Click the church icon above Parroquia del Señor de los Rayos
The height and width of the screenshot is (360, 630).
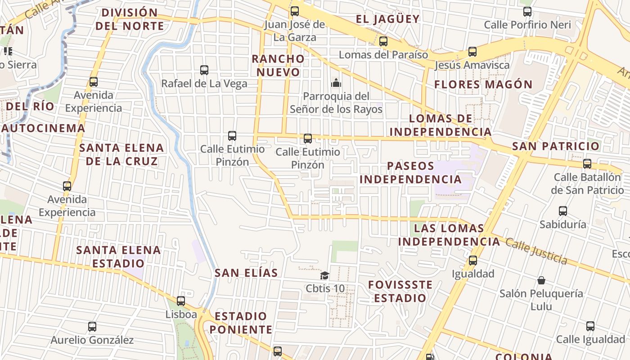(336, 83)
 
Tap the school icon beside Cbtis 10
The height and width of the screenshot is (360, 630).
(324, 275)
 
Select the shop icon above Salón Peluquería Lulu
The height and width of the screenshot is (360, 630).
(541, 280)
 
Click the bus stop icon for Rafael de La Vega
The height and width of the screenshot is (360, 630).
(204, 70)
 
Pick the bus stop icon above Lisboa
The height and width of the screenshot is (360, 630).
(181, 301)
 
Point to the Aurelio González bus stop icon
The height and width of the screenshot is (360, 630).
(92, 327)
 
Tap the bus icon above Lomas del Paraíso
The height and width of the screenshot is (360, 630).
(383, 41)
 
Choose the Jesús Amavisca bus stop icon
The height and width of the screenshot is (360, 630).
(472, 52)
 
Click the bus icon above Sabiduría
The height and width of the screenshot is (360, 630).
(563, 211)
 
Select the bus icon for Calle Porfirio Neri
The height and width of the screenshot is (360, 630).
(527, 12)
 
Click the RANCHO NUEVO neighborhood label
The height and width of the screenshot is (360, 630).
(278, 65)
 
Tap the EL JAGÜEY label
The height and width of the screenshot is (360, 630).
(387, 19)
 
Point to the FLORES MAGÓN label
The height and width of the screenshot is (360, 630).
(483, 84)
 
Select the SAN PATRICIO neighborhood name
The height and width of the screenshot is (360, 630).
(556, 146)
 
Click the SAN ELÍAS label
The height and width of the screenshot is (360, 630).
(246, 273)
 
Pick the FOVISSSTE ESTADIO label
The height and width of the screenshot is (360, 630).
(400, 291)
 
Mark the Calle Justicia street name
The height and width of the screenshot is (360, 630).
(536, 250)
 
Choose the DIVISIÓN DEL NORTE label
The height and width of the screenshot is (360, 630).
(130, 19)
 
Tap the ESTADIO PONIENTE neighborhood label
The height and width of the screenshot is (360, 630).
(241, 323)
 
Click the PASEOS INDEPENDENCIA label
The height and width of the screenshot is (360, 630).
(410, 172)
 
